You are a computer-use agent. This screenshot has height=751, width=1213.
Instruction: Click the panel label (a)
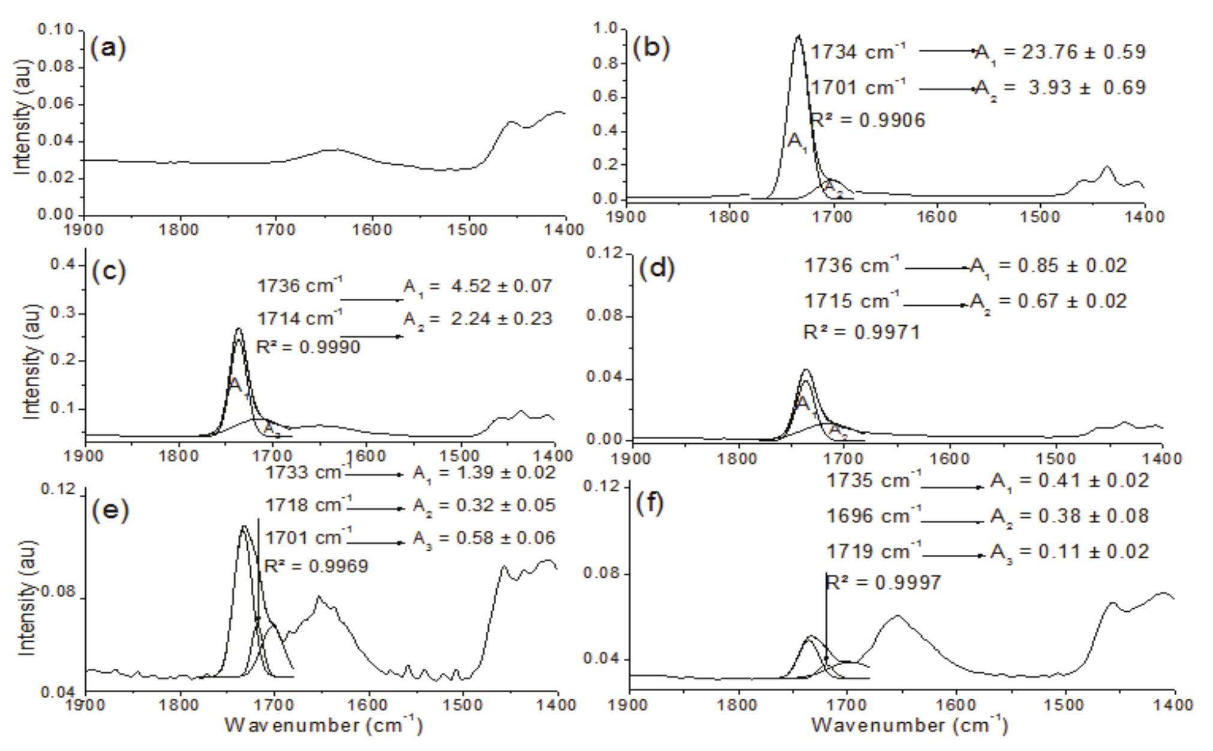coord(108,48)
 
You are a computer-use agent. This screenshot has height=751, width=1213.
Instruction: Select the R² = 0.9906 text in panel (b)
coord(867,120)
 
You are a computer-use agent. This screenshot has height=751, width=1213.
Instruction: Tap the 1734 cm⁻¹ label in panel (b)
coord(858,52)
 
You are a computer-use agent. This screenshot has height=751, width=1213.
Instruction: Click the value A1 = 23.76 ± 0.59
coord(1060,52)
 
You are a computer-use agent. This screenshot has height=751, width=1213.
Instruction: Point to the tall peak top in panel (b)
coord(798,36)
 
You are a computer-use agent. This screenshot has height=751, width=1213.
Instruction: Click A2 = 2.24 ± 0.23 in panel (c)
coord(478,319)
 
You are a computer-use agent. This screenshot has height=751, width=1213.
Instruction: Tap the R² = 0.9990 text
coord(308,347)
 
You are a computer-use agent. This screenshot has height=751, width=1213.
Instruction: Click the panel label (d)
coord(657,268)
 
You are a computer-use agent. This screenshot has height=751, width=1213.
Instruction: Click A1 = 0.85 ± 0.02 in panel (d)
coord(1049,266)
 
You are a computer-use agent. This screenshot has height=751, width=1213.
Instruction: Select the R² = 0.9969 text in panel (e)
coord(316,566)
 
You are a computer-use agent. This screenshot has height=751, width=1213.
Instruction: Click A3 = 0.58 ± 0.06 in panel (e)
coord(484,538)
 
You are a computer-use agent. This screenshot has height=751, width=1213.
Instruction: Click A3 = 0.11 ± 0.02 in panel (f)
coord(1069,551)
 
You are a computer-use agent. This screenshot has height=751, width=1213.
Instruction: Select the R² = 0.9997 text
coord(883,582)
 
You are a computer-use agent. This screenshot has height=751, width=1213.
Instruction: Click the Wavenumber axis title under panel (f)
coord(909,725)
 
